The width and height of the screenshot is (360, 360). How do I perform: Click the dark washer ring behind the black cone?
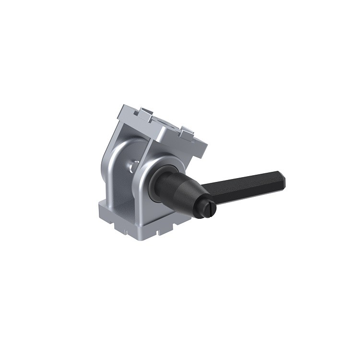click(158, 180)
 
